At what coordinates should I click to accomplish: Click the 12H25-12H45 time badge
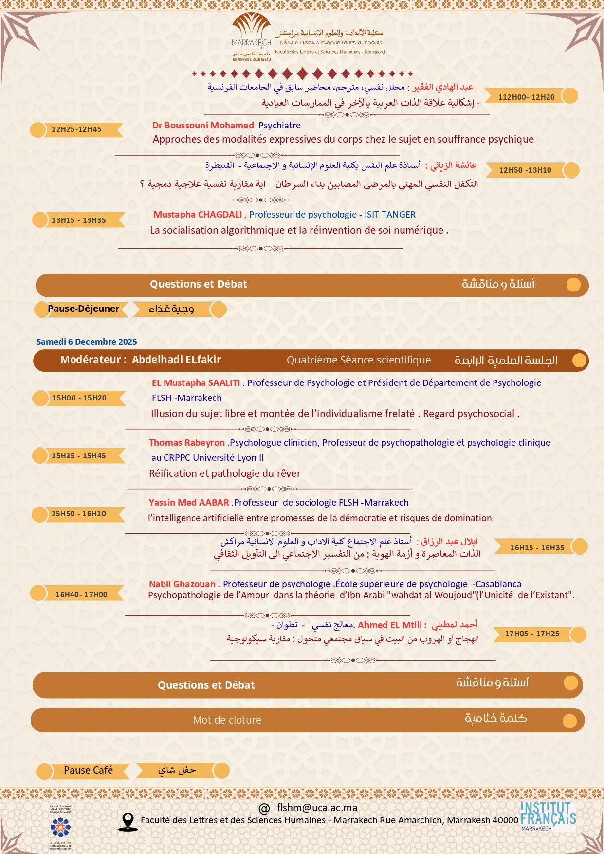(76, 129)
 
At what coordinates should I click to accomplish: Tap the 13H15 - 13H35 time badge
(78, 220)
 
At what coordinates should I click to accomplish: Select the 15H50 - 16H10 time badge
(78, 514)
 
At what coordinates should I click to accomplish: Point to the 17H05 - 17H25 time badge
(532, 634)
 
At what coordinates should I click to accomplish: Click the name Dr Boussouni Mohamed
(203, 126)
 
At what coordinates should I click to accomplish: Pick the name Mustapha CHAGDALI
(198, 215)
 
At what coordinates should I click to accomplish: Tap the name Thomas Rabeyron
(187, 443)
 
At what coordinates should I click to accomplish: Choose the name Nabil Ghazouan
(182, 584)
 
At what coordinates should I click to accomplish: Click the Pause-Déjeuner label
(83, 309)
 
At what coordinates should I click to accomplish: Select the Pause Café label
(88, 770)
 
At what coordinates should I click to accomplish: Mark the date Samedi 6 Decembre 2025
(87, 342)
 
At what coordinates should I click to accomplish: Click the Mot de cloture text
(227, 720)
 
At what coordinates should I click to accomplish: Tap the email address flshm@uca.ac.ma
(317, 808)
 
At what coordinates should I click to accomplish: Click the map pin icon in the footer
(128, 821)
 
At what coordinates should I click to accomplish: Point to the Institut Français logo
(548, 816)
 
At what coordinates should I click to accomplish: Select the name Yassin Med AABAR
(189, 503)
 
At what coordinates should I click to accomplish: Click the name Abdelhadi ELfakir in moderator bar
(176, 360)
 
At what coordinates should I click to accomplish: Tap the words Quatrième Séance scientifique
(359, 360)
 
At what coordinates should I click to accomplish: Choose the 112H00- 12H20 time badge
(526, 97)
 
